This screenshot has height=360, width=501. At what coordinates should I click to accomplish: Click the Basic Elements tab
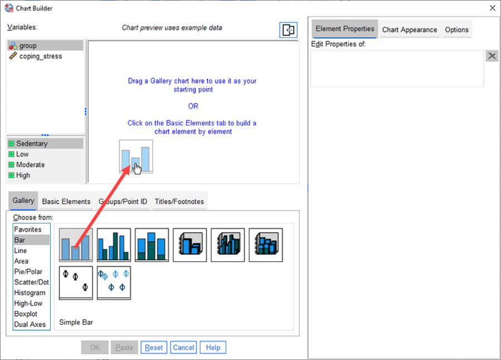coord(66,201)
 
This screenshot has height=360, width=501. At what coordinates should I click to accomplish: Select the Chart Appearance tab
coord(410,29)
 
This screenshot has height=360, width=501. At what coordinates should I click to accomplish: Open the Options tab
coord(456,29)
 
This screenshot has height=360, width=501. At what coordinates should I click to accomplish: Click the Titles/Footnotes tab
coord(179,201)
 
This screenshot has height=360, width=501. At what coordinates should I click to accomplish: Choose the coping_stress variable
coord(41,56)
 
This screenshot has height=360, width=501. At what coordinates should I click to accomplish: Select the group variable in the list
coord(28,46)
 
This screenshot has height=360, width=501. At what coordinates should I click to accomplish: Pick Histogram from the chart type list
coord(30,293)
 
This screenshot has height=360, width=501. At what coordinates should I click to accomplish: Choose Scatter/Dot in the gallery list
coord(31,282)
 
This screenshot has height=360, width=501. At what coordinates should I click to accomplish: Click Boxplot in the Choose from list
coord(26,314)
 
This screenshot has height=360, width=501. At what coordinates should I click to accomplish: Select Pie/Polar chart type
coord(28,272)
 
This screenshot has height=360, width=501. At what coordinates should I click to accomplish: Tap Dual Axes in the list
coord(30,324)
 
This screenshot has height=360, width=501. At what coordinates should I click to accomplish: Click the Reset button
coord(154,347)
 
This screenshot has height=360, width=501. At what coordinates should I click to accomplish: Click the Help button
coord(213,347)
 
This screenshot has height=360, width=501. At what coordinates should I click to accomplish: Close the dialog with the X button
coord(492,8)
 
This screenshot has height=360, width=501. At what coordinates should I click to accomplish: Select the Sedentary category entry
coord(32,144)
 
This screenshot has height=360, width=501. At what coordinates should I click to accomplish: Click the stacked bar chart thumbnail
coord(152,245)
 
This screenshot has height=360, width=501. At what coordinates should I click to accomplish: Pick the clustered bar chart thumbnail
coord(114,245)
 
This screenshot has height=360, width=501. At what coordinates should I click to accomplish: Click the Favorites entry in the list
coord(28,229)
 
